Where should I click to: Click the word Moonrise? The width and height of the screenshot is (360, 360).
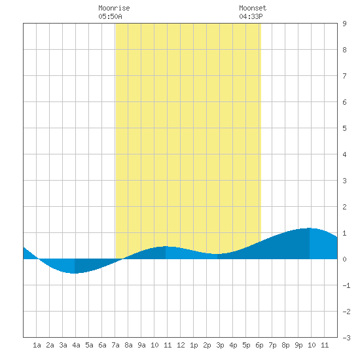(x=114, y=8)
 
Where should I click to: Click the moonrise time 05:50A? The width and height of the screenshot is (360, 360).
(x=110, y=16)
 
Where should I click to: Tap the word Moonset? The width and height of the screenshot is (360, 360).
(x=253, y=8)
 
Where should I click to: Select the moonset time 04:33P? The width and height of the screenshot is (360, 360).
(x=251, y=16)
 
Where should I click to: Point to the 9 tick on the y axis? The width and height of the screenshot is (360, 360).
(x=344, y=24)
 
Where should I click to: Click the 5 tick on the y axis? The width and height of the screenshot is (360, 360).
(x=344, y=128)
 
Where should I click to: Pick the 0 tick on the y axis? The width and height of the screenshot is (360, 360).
(x=344, y=259)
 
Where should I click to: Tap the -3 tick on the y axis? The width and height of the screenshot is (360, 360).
(x=346, y=338)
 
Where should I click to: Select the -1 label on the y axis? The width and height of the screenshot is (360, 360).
(x=346, y=285)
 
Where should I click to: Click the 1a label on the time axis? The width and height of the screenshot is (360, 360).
(x=37, y=345)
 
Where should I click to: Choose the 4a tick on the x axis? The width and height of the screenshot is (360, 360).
(x=76, y=345)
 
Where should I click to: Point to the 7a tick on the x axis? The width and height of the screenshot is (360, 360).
(x=115, y=345)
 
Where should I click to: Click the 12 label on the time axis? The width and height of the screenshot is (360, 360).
(x=181, y=345)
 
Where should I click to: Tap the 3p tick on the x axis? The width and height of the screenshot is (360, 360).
(x=220, y=345)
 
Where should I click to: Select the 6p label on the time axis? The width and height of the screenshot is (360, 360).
(x=259, y=345)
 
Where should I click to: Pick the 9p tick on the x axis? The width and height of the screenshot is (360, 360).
(x=298, y=345)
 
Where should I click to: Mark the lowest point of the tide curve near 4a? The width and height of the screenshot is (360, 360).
(x=75, y=273)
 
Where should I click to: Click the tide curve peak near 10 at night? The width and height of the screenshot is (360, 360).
(x=309, y=228)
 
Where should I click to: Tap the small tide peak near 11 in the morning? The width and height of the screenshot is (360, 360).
(x=166, y=246)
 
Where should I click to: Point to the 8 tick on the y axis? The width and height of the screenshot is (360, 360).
(x=344, y=50)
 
